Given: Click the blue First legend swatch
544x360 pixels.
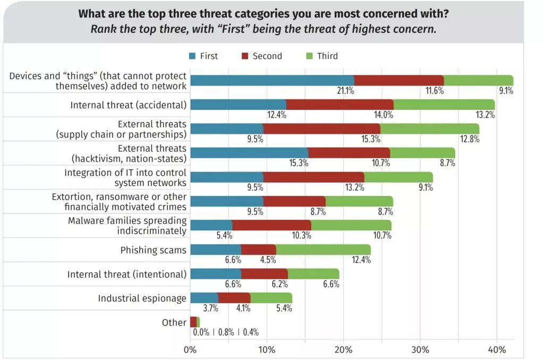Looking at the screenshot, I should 193,56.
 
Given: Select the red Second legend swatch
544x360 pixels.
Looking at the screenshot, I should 245,56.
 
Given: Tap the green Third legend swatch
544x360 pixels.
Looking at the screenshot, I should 310,56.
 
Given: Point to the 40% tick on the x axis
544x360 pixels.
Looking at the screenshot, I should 496,350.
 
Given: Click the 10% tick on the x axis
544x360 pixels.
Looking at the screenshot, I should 267,350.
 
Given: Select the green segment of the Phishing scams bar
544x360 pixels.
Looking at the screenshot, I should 323,250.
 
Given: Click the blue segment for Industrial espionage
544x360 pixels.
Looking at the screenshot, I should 204,298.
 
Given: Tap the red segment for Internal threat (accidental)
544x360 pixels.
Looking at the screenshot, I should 339,105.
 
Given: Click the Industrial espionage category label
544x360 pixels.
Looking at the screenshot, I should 142,298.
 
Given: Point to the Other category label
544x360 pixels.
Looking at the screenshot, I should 174,322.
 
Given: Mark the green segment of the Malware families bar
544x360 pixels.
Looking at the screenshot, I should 351,226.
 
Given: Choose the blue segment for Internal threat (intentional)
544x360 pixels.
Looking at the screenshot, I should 215,273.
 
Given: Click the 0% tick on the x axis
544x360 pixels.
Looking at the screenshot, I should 190,350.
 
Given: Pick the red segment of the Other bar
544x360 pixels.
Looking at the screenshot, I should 193,322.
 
